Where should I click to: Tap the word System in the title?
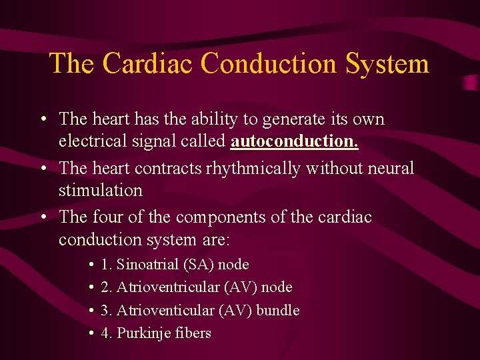click(387, 63)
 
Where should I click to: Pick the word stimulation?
click(101, 191)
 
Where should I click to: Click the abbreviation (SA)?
click(202, 265)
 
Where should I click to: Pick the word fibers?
click(194, 333)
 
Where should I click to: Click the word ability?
click(215, 119)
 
